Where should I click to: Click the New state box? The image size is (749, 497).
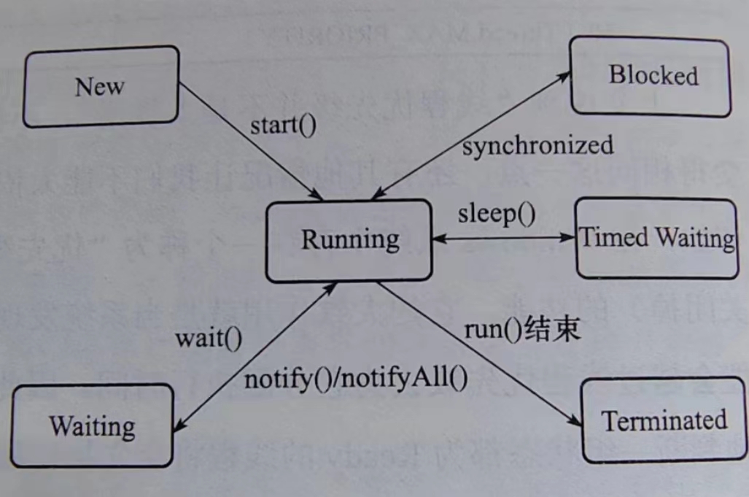point(101,87)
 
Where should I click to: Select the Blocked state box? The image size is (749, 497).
point(651,76)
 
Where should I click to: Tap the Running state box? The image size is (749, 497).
point(349,240)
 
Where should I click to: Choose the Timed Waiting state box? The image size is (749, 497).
point(656,238)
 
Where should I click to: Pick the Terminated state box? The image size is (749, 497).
point(664,420)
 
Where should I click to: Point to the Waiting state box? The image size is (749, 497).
point(92,425)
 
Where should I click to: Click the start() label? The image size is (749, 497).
point(284,125)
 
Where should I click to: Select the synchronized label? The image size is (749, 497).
point(538,145)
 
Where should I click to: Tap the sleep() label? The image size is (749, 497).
point(496,215)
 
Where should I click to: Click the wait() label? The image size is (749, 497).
point(209,339)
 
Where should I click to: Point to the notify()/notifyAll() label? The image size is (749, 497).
point(355,379)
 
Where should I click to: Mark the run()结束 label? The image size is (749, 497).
point(522,330)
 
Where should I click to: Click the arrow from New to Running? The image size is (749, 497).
point(252,140)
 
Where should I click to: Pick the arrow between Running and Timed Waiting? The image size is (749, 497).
point(503,238)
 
